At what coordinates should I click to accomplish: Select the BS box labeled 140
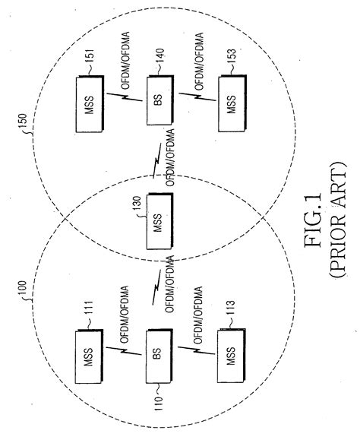(156, 94)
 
